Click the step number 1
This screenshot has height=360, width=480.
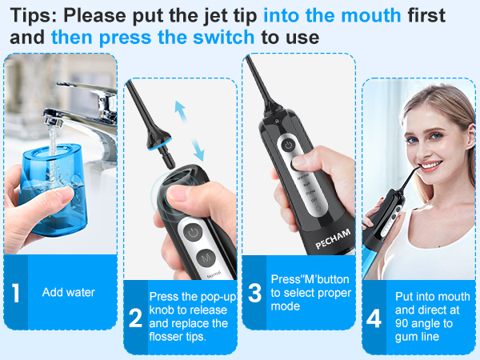click(16, 293)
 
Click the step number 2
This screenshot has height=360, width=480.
click(135, 318)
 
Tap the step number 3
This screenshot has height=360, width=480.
click(255, 293)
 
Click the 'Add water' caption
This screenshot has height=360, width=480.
click(68, 293)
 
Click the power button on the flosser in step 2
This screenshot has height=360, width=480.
click(191, 232)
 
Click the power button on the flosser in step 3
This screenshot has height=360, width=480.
click(286, 145)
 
